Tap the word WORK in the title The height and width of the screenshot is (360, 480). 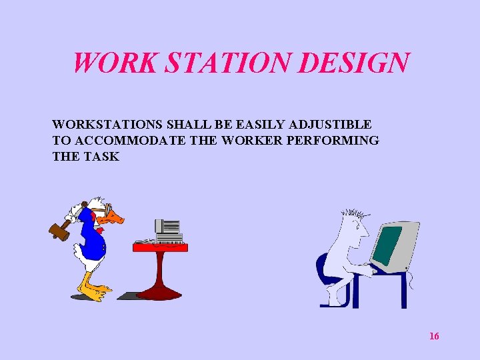coord(114,63)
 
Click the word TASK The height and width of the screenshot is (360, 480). coord(101,157)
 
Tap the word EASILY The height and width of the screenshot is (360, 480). coord(258,125)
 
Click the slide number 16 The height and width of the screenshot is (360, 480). coord(434,336)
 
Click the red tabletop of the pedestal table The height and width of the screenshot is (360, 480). coord(160,247)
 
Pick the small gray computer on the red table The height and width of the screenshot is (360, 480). coord(167,231)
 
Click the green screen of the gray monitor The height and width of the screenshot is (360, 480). coord(388,245)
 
